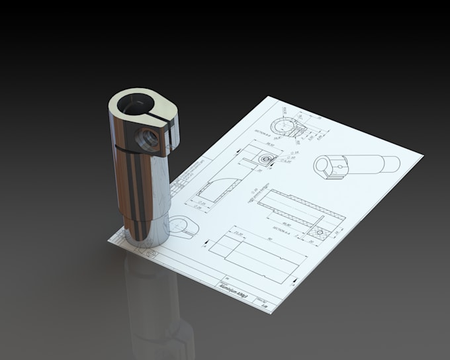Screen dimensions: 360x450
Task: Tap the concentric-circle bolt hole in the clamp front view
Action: pos(266,159)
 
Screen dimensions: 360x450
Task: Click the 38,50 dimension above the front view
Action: pos(253,144)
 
